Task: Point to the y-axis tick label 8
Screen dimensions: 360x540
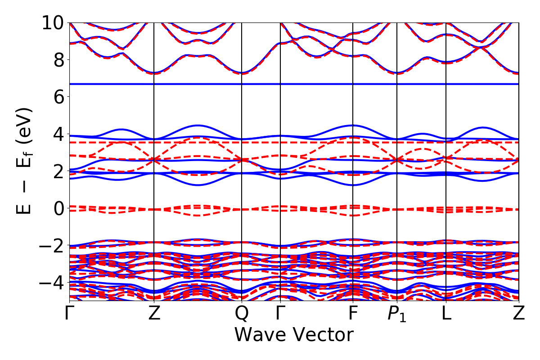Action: pos(58,60)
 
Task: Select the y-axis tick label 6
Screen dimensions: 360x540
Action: pos(58,97)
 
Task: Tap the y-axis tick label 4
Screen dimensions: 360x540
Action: pos(58,134)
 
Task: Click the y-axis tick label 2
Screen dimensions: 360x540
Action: pos(58,171)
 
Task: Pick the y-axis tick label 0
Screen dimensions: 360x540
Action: pos(58,208)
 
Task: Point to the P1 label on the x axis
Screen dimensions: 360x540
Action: pos(397,314)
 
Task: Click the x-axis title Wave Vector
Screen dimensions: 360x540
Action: pos(294,335)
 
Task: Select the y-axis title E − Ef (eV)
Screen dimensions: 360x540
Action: pos(25,161)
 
